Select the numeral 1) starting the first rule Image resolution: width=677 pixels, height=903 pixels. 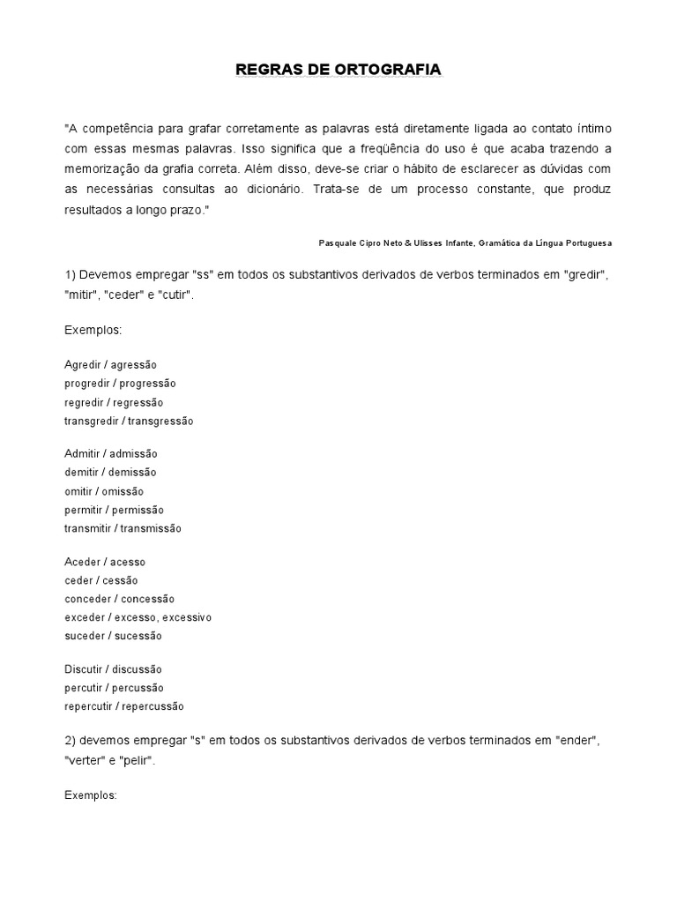(71, 275)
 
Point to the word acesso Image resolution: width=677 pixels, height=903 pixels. (128, 562)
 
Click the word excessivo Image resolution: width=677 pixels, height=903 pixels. (185, 617)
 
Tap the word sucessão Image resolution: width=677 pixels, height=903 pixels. (137, 636)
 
